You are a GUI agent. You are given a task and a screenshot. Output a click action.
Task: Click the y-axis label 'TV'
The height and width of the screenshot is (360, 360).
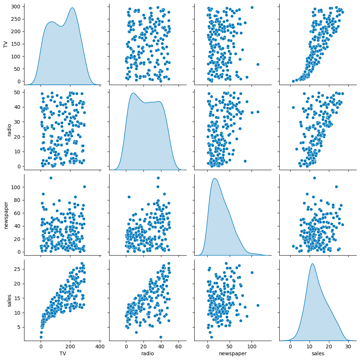point(5,45)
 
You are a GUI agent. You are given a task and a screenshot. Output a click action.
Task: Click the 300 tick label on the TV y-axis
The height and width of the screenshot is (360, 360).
point(17,6)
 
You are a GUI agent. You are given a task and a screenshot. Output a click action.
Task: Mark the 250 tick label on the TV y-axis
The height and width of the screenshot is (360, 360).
point(17,19)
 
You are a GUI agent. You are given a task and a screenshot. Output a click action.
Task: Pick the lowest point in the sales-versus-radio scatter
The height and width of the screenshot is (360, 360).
point(161,337)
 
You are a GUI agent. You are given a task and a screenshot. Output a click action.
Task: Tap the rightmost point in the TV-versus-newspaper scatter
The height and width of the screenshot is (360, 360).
point(258,64)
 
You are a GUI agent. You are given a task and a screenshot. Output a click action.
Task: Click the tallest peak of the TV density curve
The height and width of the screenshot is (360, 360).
point(72,8)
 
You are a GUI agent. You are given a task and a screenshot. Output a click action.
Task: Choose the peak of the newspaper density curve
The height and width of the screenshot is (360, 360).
point(215,178)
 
